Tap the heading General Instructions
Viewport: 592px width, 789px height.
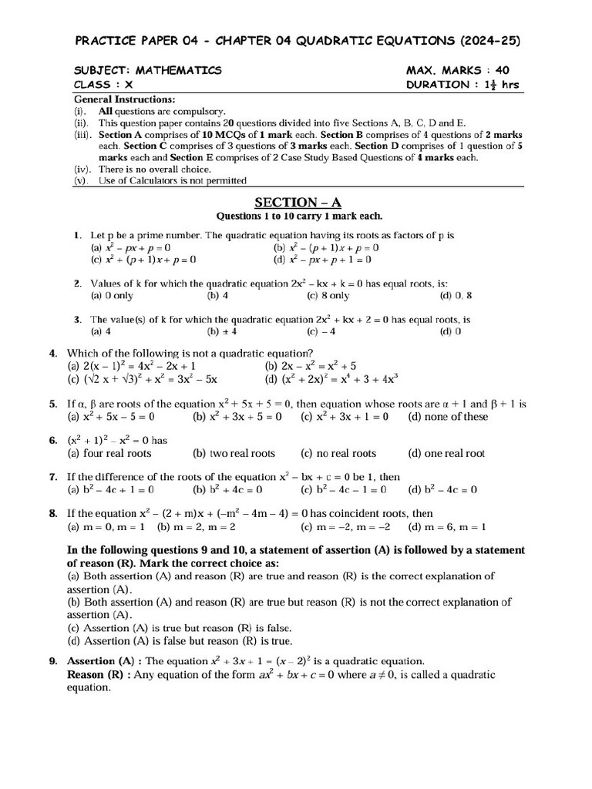(125, 99)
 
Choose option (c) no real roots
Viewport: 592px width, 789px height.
(338, 453)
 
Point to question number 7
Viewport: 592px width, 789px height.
(53, 477)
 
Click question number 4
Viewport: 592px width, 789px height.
(53, 353)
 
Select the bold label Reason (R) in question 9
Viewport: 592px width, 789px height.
(95, 674)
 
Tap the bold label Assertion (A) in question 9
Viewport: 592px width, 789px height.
(101, 661)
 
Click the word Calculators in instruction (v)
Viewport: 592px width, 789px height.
(151, 180)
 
